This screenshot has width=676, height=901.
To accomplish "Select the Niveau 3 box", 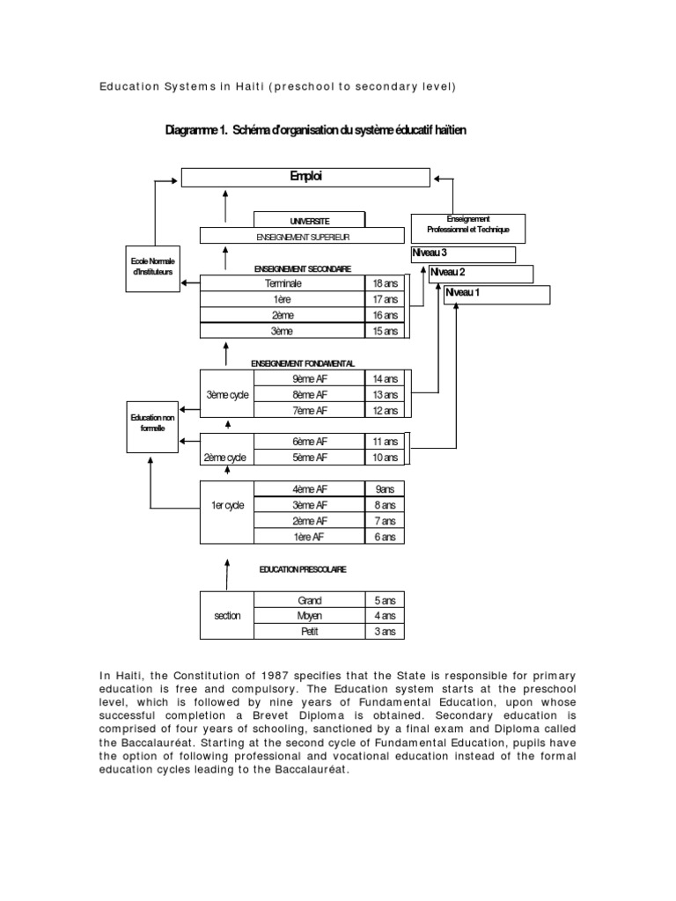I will [x=464, y=254].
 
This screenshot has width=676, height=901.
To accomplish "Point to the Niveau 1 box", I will [x=497, y=294].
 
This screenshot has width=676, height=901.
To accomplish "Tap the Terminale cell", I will [x=283, y=283].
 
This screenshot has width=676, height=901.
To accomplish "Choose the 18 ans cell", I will [x=386, y=283].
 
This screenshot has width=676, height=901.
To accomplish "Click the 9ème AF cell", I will [x=309, y=378].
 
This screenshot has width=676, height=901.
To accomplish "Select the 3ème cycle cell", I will [x=226, y=394].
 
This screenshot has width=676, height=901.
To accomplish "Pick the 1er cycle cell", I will [x=227, y=505].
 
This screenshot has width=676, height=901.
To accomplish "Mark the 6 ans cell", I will [x=386, y=537].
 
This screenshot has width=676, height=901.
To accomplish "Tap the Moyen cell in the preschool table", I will [x=309, y=616].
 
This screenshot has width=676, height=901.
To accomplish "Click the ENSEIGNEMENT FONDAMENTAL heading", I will [x=302, y=363].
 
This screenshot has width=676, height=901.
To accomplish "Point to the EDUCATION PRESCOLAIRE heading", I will [x=302, y=569].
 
